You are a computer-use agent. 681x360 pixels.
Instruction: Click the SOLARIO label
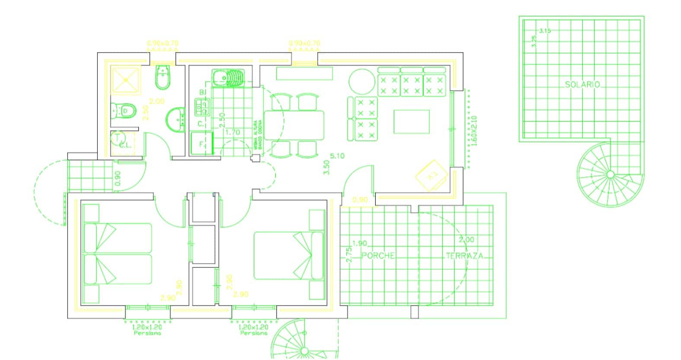[582, 85]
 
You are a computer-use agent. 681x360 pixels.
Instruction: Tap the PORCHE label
[378, 255]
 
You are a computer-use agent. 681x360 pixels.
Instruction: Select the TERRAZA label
[464, 255]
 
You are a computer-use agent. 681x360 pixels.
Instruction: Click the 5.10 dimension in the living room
[337, 156]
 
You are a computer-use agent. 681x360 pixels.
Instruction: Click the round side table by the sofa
[362, 82]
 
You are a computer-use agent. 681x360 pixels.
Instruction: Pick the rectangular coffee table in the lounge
[411, 121]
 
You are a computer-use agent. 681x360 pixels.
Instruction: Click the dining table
[294, 125]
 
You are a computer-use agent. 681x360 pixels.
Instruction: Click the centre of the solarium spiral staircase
[610, 174]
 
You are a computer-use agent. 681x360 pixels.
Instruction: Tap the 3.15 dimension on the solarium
[545, 31]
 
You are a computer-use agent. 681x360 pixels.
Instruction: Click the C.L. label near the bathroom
[125, 145]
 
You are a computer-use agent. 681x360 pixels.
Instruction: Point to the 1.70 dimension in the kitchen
[233, 132]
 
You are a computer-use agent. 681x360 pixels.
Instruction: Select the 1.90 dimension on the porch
[360, 243]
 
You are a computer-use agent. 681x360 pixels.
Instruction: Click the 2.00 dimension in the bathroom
[157, 102]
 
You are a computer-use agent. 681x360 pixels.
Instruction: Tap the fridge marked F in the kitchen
[202, 144]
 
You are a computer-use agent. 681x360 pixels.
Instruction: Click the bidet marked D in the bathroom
[125, 112]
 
